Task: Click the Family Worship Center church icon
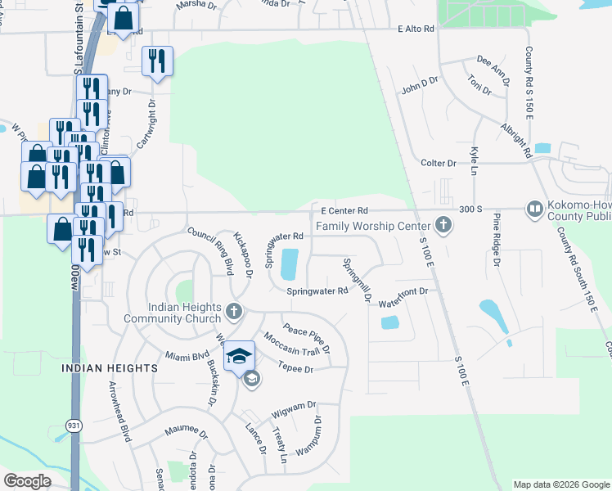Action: coord(443,224)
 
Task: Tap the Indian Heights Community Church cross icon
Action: coord(234,311)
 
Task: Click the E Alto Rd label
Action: coord(415,29)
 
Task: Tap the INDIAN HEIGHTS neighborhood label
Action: coord(110,369)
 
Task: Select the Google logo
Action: coord(28,481)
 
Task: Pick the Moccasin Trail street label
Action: coord(290,345)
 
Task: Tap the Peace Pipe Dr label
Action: coord(306,332)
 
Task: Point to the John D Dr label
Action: coord(420,84)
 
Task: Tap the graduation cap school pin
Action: coord(238,355)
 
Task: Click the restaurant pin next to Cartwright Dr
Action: coord(156,61)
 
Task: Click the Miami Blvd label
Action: coord(182,356)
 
